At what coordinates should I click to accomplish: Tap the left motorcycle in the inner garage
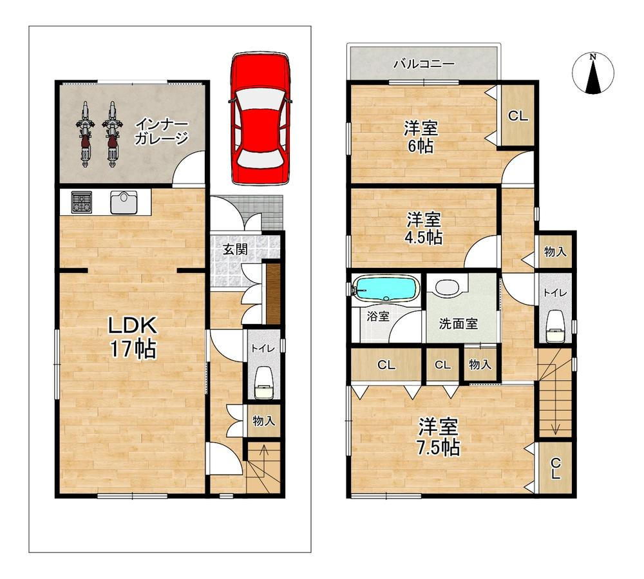pos(84,134)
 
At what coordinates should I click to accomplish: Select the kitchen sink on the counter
pos(124,202)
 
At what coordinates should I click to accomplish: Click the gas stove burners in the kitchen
pos(82,202)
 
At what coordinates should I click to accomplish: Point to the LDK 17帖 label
pos(132,337)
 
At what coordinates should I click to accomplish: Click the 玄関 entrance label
pos(235,249)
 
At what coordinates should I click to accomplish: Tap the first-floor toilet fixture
pos(263,384)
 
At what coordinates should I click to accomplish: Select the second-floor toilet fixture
pos(555,327)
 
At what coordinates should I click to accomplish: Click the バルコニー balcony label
pos(424,64)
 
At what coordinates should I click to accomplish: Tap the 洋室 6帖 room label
pos(421,137)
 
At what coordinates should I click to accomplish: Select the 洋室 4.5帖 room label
pos(424,229)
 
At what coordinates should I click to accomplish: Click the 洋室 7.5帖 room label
pos(439,437)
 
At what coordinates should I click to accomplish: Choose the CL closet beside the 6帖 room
pos(518,116)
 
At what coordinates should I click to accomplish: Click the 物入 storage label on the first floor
pos(263,421)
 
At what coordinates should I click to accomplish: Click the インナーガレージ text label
pos(161,131)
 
